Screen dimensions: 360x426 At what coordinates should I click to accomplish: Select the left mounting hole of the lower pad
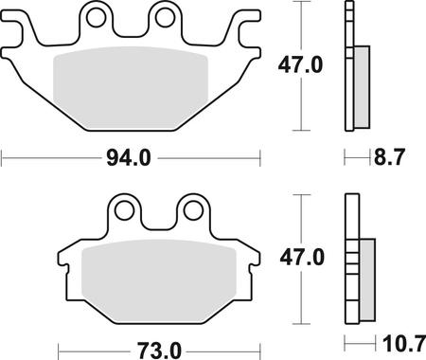coord(124,209)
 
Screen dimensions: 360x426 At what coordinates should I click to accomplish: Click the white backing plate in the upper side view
coord(348,66)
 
